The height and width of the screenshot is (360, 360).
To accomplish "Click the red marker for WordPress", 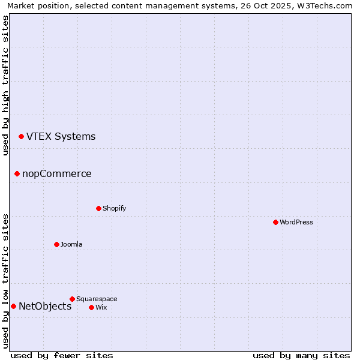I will [275, 222].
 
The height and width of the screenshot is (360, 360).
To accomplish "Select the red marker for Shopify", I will [98, 208].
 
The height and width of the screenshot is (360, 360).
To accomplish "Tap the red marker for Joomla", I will [56, 244].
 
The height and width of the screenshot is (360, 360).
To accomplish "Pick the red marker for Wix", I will [91, 307].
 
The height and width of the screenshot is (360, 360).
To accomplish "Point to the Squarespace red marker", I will [72, 299].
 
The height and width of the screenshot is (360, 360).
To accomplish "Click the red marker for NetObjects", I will [13, 306].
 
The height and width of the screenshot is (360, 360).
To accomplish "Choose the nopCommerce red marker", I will [17, 173].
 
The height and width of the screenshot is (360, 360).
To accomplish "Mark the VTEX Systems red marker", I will [21, 136].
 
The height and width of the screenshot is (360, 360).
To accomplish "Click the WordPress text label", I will [296, 222].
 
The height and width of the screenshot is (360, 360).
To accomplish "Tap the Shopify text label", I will [114, 208].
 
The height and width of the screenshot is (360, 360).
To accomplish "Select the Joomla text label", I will [71, 244].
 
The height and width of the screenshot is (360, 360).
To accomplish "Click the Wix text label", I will [101, 307].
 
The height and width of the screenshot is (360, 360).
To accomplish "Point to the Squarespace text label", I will [97, 299].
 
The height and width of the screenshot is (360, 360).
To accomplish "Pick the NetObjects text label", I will [45, 306].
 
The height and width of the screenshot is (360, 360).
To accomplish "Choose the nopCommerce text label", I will [57, 173].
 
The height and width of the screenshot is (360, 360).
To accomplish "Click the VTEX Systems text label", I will [61, 136].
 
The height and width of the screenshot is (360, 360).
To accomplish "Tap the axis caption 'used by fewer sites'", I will [62, 355].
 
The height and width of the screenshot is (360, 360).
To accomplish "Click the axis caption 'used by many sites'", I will [301, 355].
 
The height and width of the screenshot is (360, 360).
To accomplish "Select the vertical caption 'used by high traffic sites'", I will [5, 85].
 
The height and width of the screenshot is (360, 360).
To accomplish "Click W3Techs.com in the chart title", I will [327, 5].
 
